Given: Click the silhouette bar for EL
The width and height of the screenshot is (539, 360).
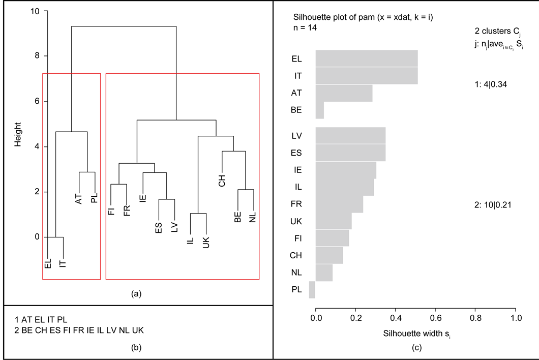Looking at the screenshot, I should click(367, 58).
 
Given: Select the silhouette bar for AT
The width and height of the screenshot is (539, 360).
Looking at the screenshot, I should click(344, 93).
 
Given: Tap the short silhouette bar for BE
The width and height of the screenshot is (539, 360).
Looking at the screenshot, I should click(320, 110).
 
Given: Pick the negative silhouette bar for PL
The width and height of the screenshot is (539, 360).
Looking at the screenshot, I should click(312, 290).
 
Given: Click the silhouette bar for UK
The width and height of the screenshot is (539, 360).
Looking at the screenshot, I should click(334, 221).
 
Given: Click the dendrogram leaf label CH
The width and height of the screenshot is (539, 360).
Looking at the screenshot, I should click(222, 181).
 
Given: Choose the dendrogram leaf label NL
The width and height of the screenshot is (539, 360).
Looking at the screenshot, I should click(253, 218).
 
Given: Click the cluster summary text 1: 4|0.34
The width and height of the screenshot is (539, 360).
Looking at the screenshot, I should click(491, 84).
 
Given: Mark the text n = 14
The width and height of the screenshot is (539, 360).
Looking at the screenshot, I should click(305, 27).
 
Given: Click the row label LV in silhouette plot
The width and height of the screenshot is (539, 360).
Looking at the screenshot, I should click(296, 136).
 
